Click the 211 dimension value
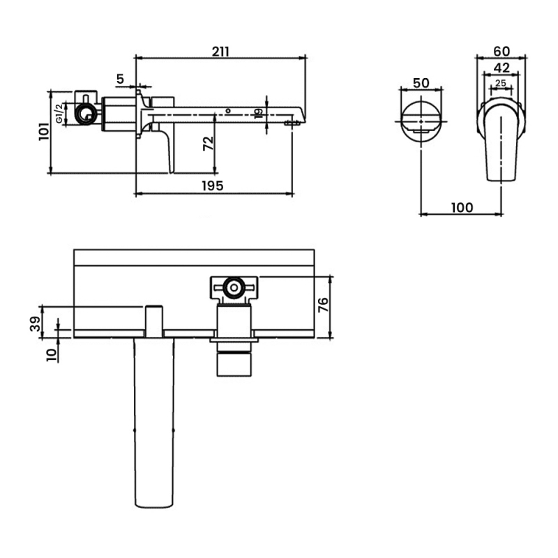coord(220,52)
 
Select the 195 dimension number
coord(213,186)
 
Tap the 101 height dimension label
coord(44,132)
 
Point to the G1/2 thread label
coord(59,113)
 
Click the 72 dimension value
coord(208,144)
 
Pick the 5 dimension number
coord(120,79)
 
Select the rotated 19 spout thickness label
coord(259,113)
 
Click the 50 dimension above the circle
coord(421,83)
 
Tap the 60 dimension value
coord(502,51)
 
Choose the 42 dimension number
coord(502,67)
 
